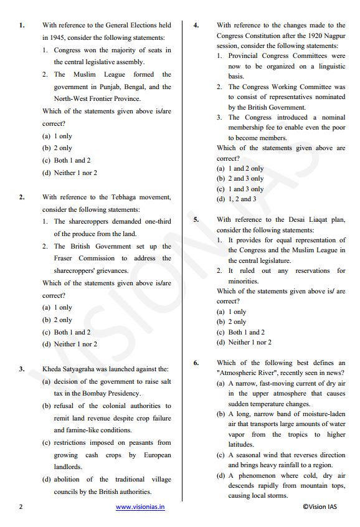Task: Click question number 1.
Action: coord(22,26)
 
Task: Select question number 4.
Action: coord(196,26)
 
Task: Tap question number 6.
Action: coord(196,363)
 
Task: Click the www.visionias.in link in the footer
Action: coord(140,507)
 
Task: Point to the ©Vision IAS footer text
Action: coord(323,507)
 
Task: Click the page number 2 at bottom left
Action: coord(21,507)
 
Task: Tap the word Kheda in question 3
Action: coord(52,369)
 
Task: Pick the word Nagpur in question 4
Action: coord(333,36)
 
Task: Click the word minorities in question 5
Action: coord(243,281)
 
